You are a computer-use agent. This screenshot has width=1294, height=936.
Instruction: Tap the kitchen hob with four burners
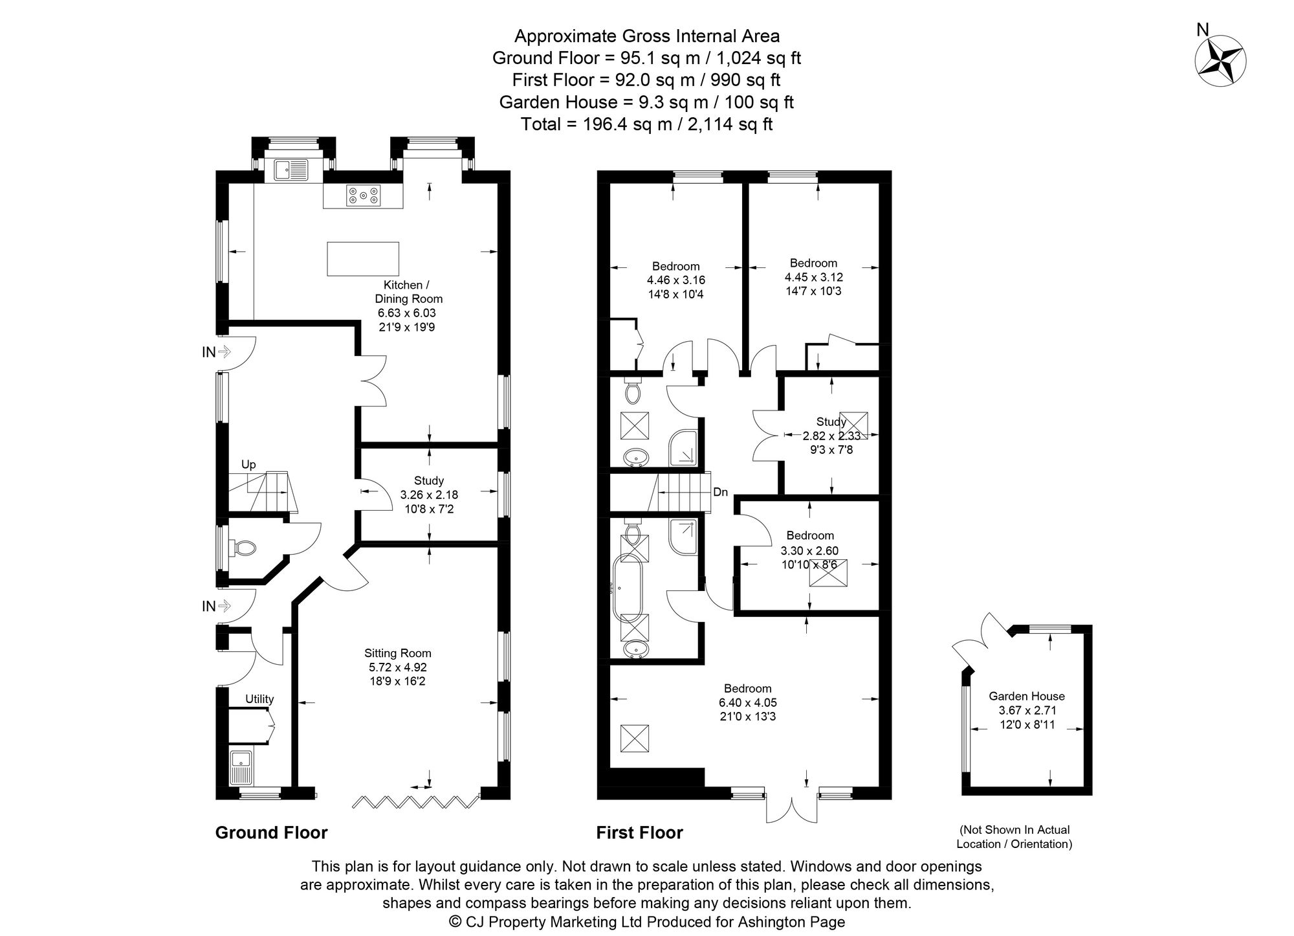pos(363,195)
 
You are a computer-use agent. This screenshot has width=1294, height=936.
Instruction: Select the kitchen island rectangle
pos(363,258)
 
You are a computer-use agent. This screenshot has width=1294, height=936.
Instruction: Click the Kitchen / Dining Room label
pos(408,292)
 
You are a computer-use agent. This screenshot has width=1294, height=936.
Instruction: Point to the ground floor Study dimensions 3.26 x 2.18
pos(428,495)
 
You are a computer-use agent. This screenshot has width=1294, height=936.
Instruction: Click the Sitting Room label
pos(397,653)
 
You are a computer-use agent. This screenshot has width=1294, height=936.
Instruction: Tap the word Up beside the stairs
pos(248,464)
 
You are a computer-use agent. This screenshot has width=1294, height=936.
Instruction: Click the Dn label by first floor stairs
pos(720,492)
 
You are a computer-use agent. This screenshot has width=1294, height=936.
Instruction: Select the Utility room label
pos(259,699)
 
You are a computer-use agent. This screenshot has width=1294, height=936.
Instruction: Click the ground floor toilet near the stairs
pos(243,548)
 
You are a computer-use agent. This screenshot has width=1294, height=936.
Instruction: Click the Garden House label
pos(1026,696)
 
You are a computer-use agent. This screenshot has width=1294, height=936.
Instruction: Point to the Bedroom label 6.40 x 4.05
pos(747,688)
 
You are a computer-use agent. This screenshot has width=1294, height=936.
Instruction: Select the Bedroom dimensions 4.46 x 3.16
pos(675,280)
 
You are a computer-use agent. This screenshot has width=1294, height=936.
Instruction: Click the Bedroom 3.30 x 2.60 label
pos(809,536)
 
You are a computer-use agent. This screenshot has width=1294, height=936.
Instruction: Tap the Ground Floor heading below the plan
pos(271,832)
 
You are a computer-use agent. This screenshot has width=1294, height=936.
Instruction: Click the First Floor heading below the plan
pos(639,832)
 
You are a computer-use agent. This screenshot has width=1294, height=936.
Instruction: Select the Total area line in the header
pos(646,124)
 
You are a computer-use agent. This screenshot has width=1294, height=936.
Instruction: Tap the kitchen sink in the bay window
pos(291,170)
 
